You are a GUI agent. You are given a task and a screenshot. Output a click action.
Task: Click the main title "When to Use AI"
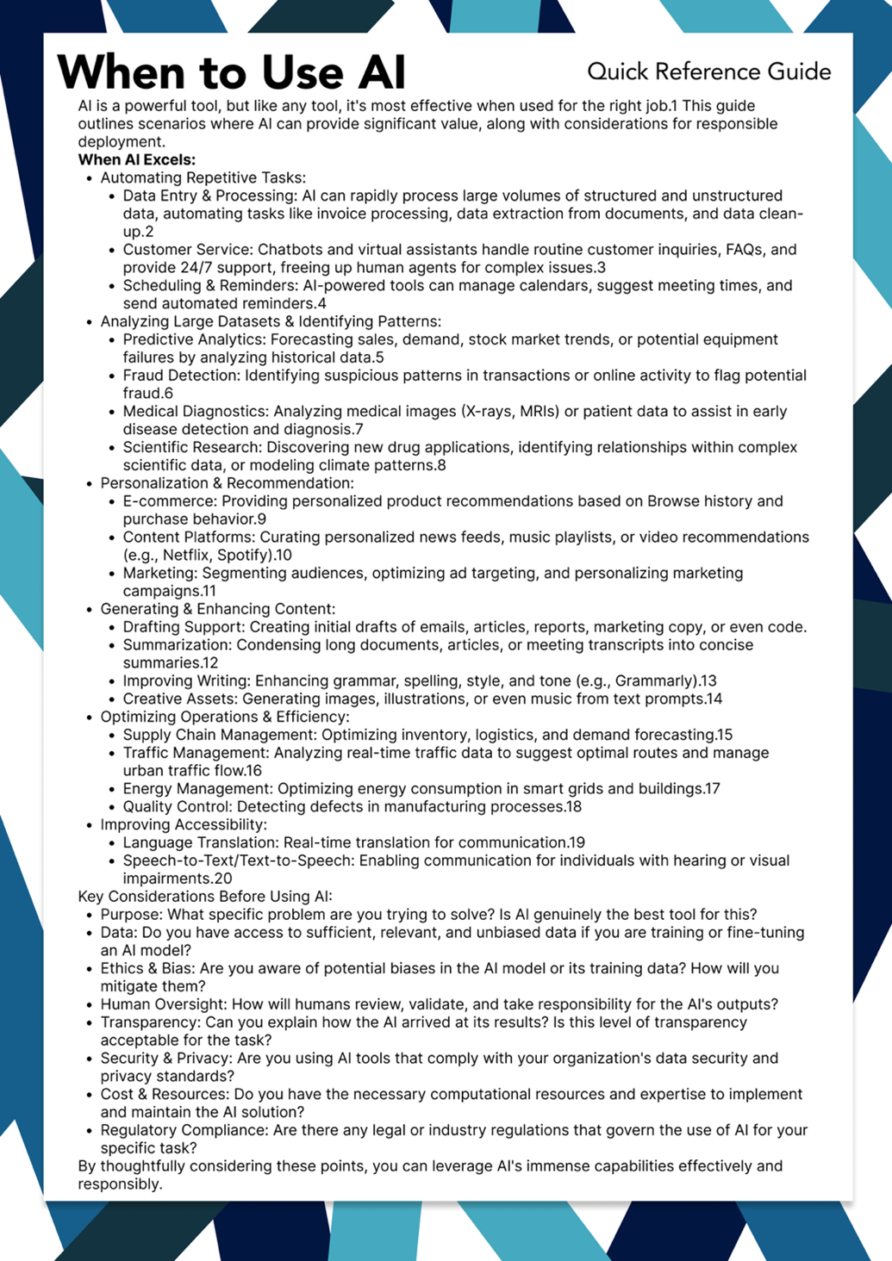click(231, 71)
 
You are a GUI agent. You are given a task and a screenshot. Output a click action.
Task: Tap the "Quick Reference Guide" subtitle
click(708, 71)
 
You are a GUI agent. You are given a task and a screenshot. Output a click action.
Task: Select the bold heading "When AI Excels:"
click(136, 159)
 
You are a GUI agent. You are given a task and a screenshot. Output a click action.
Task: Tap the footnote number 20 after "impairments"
click(222, 879)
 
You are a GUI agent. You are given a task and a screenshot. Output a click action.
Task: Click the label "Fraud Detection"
click(180, 376)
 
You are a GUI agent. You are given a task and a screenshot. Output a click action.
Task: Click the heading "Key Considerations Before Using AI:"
click(205, 896)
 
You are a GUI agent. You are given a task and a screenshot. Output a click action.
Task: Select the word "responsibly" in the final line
click(118, 1183)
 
